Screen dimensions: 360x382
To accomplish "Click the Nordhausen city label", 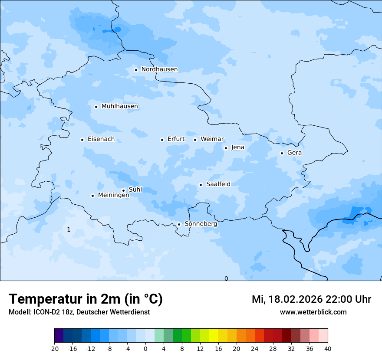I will (x=159, y=69).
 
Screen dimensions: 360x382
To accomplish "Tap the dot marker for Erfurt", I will (x=162, y=140).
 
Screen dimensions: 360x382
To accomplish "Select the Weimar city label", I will (x=212, y=139).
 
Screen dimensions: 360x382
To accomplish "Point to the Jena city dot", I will (x=226, y=148).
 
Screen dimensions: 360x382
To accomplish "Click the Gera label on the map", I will (x=294, y=153).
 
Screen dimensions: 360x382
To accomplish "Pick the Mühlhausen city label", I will (x=119, y=106).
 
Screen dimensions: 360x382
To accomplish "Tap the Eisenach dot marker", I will (x=82, y=140).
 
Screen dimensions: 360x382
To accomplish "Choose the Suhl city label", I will (x=135, y=190).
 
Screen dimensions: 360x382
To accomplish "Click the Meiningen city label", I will (x=113, y=195).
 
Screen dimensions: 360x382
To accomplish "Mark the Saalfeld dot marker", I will (x=201, y=185).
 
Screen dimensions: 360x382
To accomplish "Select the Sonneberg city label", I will (x=201, y=224).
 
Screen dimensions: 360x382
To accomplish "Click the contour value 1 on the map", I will (x=69, y=229).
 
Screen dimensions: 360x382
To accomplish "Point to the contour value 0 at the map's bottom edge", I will (x=226, y=278).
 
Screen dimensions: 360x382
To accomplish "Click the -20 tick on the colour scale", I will (x=54, y=348).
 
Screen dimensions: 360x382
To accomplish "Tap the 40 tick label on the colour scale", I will (x=328, y=348).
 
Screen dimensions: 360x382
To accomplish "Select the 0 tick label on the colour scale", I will (x=145, y=348).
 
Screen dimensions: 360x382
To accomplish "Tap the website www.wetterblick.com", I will (x=313, y=312).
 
